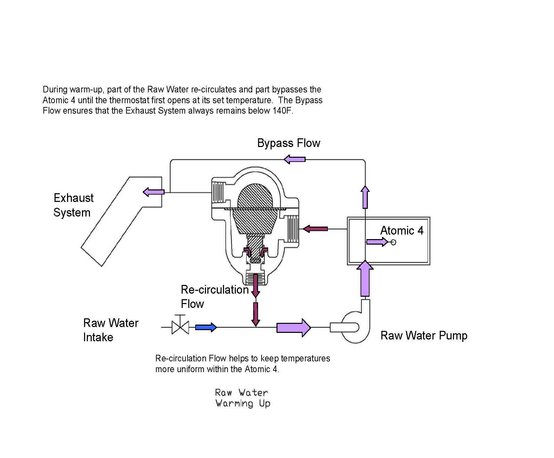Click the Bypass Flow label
tap(288, 143)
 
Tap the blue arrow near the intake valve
tap(206, 327)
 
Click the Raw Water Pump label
tap(424, 336)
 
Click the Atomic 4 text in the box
tap(402, 231)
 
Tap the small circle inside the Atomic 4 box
tap(393, 242)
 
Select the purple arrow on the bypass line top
tap(295, 160)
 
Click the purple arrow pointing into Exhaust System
tap(154, 192)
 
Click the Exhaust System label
tap(73, 205)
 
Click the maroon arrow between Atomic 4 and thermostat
tap(315, 229)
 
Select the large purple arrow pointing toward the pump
tap(293, 327)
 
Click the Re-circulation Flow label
tap(214, 296)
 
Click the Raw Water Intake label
tap(110, 330)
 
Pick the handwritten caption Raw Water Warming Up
tap(242, 398)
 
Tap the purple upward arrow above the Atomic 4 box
tap(365, 197)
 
